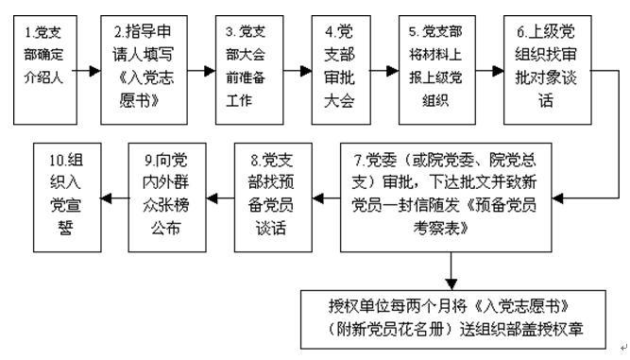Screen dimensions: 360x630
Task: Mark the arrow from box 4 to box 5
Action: tap(385, 70)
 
